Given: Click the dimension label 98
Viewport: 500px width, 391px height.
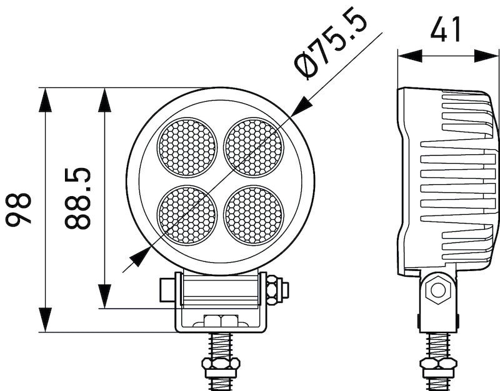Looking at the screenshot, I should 19,209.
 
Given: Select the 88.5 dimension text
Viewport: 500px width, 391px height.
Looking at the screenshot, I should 78,198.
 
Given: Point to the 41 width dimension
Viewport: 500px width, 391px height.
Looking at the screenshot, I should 447,29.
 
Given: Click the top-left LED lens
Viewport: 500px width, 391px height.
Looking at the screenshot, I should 187,147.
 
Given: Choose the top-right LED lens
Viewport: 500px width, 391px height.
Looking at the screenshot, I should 253,147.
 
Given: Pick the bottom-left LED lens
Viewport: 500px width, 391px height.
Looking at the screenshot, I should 187,215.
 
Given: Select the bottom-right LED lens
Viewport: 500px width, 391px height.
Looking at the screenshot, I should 253,215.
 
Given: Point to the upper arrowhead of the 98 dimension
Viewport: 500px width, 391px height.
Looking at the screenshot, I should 46,99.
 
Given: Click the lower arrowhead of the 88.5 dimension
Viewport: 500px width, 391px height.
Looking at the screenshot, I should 105,296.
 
